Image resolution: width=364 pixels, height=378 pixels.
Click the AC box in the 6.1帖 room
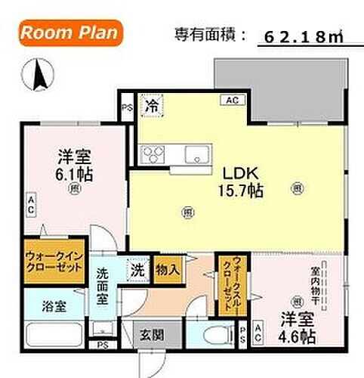[x=31, y=203]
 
